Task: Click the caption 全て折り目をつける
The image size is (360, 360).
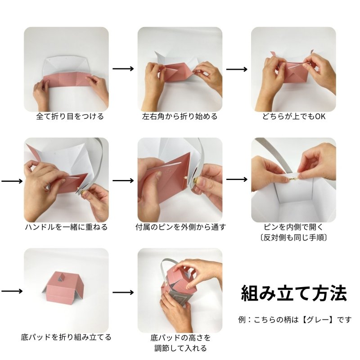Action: [x=70, y=117]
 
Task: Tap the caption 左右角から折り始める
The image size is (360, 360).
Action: [x=180, y=117]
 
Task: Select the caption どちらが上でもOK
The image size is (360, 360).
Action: [x=293, y=117]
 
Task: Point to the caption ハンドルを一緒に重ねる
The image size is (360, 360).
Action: [x=66, y=227]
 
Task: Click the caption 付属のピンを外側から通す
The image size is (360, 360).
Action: [x=180, y=227]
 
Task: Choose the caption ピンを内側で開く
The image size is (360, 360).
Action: [x=293, y=227]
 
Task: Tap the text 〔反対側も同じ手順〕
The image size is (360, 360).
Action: [x=293, y=237]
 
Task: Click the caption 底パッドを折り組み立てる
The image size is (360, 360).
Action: [x=66, y=337]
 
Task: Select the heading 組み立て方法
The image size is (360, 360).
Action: [x=294, y=293]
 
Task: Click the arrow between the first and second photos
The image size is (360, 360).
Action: [x=123, y=69]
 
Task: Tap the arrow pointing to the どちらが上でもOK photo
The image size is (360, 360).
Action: [x=237, y=69]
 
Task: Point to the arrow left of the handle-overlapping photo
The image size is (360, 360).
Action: [x=12, y=180]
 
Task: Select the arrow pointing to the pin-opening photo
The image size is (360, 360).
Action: [x=237, y=179]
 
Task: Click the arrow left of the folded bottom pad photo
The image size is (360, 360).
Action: [x=12, y=291]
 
